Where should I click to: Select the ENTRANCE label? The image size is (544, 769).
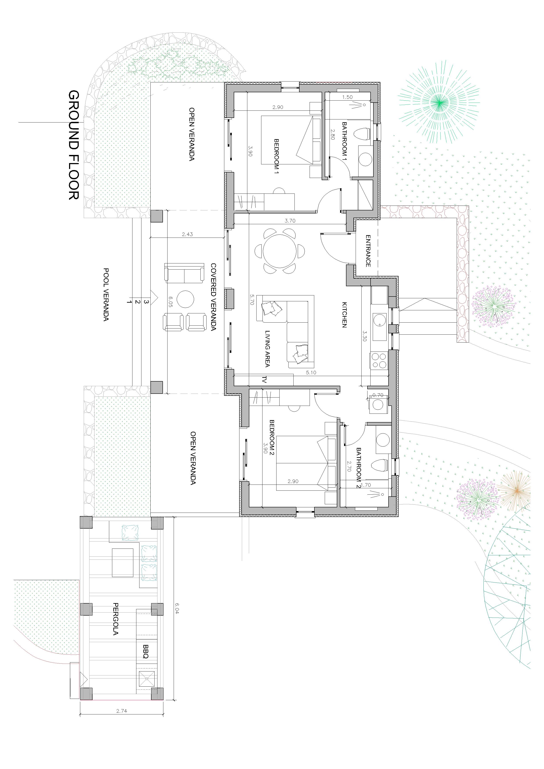point(368,251)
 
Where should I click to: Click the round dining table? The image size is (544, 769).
point(280,250)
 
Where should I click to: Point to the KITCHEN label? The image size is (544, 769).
point(344,315)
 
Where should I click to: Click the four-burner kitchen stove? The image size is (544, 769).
point(378,360)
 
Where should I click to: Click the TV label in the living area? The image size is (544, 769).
point(264,380)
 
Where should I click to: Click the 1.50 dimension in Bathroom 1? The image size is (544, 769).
point(347,97)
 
